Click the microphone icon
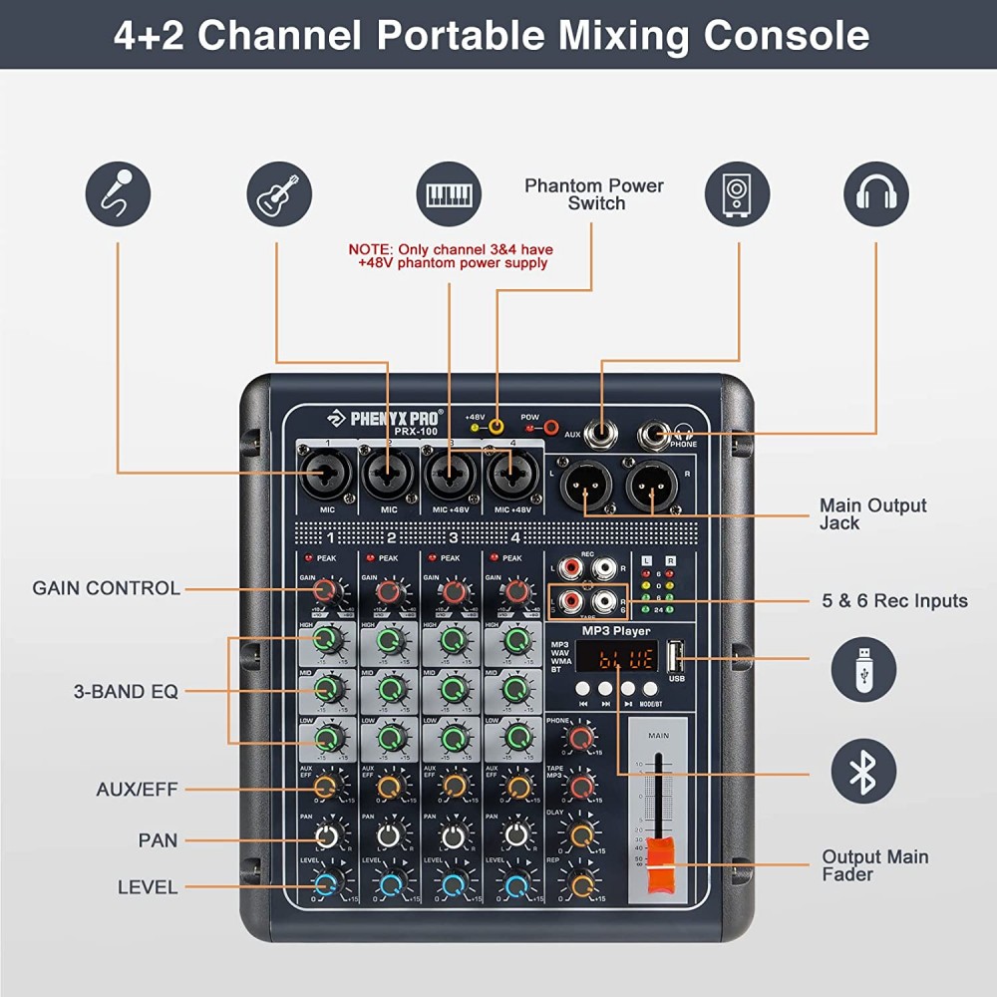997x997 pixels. point(118,194)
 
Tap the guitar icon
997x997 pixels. point(279,194)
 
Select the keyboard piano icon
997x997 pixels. point(449,194)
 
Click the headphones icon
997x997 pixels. point(876,194)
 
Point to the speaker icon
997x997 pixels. point(738,194)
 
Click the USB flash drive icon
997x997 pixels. point(863,669)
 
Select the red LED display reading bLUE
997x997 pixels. point(615,658)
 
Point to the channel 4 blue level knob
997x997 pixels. point(516,884)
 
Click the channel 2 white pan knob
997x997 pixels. point(390,835)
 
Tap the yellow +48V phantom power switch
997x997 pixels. point(495,428)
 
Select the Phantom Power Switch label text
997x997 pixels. point(594,194)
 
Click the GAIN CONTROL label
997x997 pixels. point(106,588)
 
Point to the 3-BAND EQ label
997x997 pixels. point(126,691)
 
